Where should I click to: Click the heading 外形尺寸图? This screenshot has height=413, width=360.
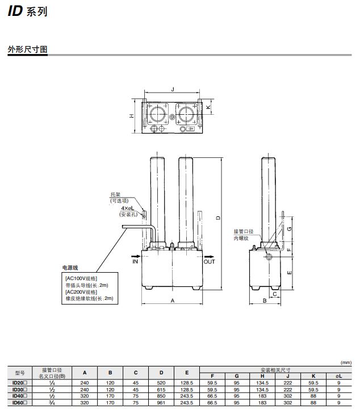tap(27, 50)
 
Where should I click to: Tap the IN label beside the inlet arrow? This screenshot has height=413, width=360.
tap(135, 262)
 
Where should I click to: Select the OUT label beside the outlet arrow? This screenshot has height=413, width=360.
tap(210, 262)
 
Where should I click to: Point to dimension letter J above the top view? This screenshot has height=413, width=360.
tap(172, 89)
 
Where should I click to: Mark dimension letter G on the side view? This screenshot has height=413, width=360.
tap(290, 228)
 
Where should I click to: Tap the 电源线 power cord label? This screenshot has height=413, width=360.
tap(71, 268)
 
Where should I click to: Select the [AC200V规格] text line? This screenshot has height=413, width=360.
tap(81, 291)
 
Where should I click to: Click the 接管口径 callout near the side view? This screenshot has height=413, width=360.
tap(244, 232)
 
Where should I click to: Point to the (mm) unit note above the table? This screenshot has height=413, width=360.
tap(345, 362)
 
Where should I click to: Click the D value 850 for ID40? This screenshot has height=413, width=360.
tap(161, 396)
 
